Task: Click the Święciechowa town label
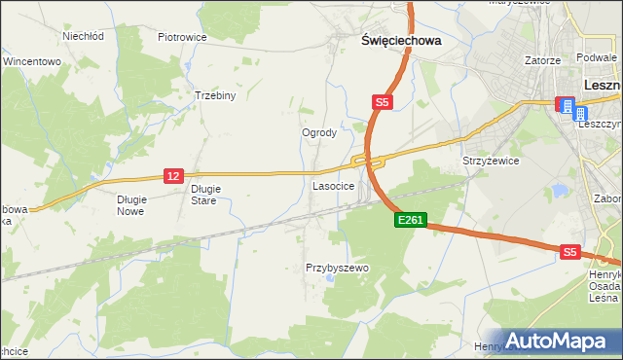click(x=401, y=42)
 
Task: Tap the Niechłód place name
click(x=83, y=36)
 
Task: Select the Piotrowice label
click(x=182, y=37)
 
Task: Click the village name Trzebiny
click(x=215, y=96)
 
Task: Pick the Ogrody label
click(x=319, y=132)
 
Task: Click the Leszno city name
click(x=603, y=85)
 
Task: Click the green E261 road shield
click(x=410, y=221)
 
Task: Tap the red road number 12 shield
click(x=173, y=175)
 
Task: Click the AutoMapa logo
click(x=560, y=340)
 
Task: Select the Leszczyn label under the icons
click(x=601, y=126)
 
